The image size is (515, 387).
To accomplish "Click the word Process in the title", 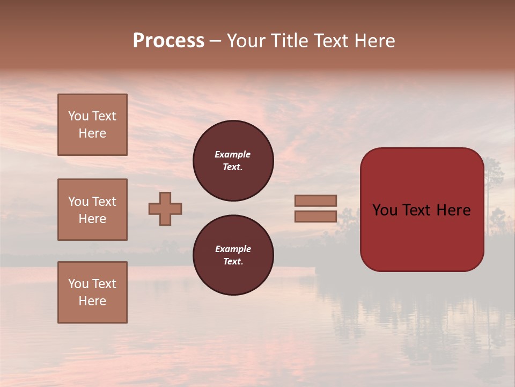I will click(168, 41).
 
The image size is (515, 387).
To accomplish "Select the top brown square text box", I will click(92, 125).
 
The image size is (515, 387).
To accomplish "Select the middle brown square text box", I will click(92, 210).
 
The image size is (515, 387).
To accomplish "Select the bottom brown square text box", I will click(92, 292).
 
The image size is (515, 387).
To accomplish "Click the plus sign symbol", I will click(165, 209).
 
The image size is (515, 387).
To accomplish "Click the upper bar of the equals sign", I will click(316, 201).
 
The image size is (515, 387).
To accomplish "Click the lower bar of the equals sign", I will click(316, 217).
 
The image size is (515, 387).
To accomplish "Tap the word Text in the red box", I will click(422, 210).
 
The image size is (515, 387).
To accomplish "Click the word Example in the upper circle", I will click(233, 154).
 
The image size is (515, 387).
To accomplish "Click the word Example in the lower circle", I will click(233, 249).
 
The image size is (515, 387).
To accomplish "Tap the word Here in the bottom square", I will click(92, 301).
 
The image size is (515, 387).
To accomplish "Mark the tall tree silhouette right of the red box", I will click(492, 177).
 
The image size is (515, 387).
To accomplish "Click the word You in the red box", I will click(385, 210).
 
